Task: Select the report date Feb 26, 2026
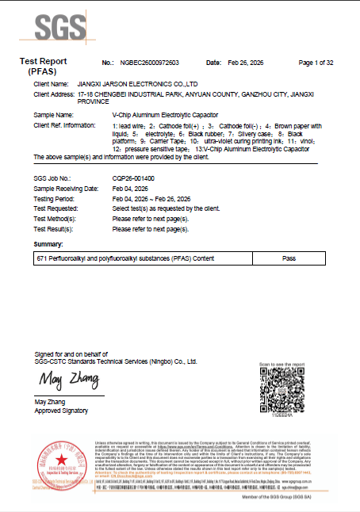click(x=244, y=62)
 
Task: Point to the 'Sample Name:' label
click(x=56, y=115)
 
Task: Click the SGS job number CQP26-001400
click(x=133, y=179)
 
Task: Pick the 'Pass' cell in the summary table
click(x=288, y=259)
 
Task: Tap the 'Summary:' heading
click(x=49, y=243)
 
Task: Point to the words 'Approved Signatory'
click(x=61, y=411)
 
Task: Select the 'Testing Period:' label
click(x=58, y=198)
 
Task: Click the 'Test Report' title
click(x=43, y=61)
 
